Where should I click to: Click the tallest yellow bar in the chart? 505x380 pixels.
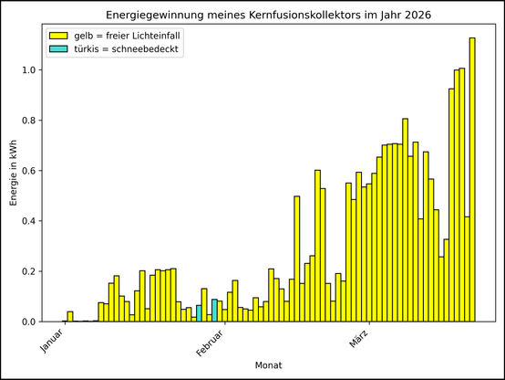pos(472,183)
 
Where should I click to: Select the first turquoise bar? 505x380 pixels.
pos(199,313)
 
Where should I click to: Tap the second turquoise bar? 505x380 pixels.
pos(214,311)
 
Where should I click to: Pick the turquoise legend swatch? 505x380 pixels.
pos(60,49)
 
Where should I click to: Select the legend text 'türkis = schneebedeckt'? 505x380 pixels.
pos(127,49)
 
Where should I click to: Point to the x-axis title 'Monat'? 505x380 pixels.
pos(268,365)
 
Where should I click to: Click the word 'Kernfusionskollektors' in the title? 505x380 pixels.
pos(305,16)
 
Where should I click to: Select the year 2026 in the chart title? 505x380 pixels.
pos(415,16)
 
